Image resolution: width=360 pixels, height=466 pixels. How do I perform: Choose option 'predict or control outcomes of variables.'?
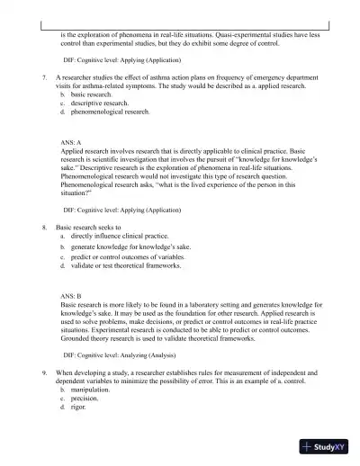pyautogui.click(x=130, y=256)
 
